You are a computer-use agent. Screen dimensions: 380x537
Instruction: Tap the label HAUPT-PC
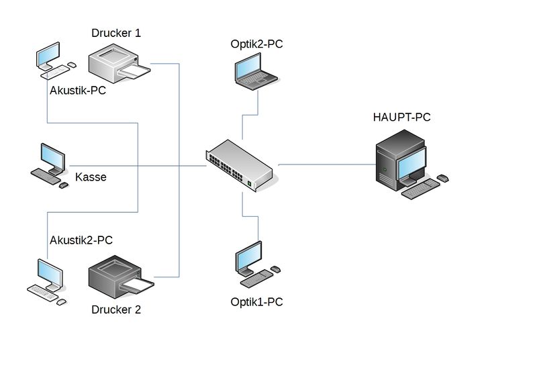tap(401, 117)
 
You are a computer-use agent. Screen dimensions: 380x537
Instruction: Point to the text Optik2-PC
tap(257, 44)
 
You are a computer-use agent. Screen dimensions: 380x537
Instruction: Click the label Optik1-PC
tap(256, 302)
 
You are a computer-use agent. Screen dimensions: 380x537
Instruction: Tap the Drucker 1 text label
tap(116, 32)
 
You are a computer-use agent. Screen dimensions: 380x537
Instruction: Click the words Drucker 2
tap(116, 310)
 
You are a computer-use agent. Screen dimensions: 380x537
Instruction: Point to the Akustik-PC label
tap(78, 90)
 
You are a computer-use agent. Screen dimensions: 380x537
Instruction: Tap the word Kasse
tap(91, 178)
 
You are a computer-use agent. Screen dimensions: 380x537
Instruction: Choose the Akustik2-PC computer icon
tap(48, 282)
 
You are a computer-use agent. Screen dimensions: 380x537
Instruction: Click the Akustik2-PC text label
tap(81, 240)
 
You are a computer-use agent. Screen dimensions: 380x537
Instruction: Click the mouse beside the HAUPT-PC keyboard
tap(443, 179)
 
